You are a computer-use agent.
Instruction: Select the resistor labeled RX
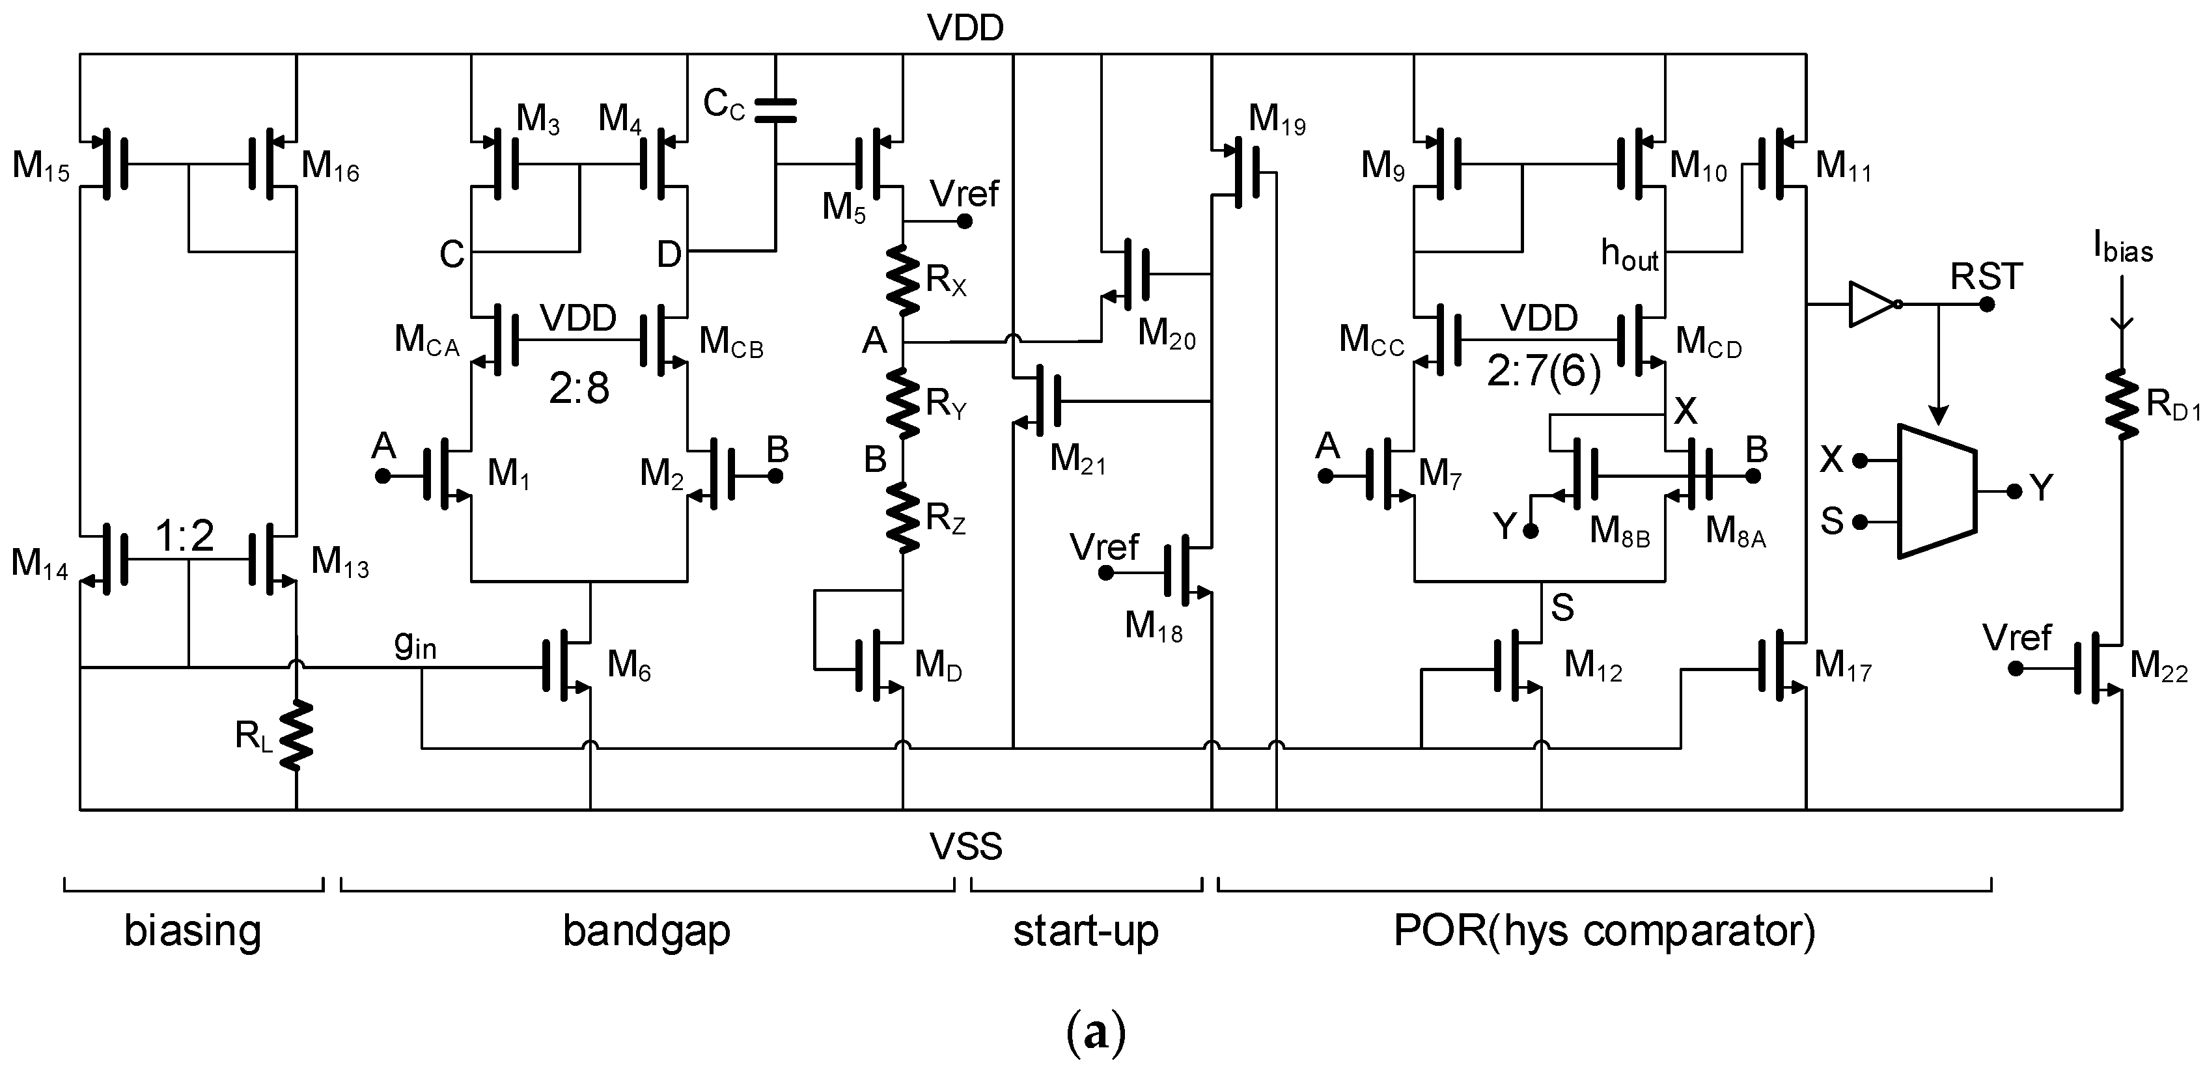[903, 279]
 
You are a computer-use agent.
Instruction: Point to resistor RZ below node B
[903, 517]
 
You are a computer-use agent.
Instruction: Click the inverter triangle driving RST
[1871, 304]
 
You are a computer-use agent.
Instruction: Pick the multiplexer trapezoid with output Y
[1936, 491]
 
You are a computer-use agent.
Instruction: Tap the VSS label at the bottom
[965, 847]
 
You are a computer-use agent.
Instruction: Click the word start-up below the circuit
[1085, 930]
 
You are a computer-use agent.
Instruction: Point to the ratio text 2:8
[579, 389]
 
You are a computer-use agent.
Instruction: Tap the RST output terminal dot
[1987, 305]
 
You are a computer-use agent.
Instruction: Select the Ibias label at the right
[2123, 247]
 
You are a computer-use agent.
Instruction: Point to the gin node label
[415, 644]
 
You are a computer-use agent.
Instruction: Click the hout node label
[1629, 255]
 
